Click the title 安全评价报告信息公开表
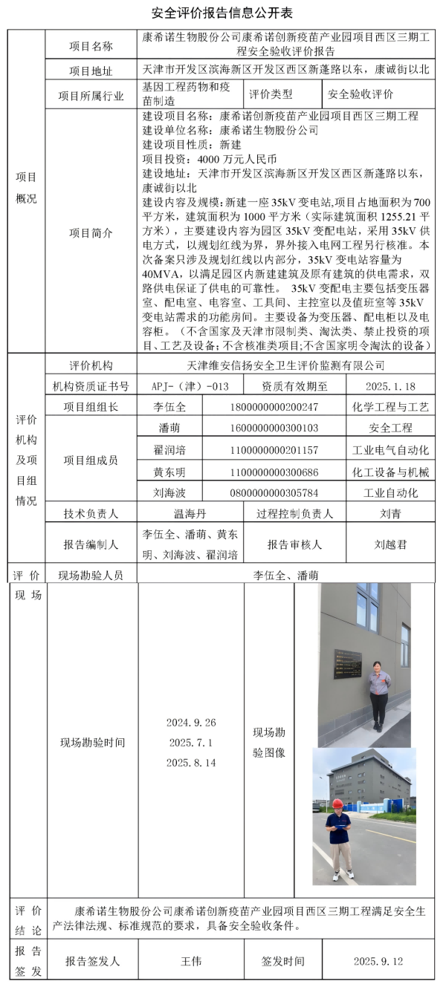[223, 13]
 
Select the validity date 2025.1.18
[390, 386]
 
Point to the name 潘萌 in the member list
[169, 429]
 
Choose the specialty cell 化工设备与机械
[390, 472]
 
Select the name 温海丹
[190, 513]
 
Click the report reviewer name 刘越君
[390, 544]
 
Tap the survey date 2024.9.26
[191, 723]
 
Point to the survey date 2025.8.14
[191, 763]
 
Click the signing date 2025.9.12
[378, 961]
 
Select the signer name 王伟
[191, 961]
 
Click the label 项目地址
[91, 71]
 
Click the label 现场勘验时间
[92, 743]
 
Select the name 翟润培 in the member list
[169, 450]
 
